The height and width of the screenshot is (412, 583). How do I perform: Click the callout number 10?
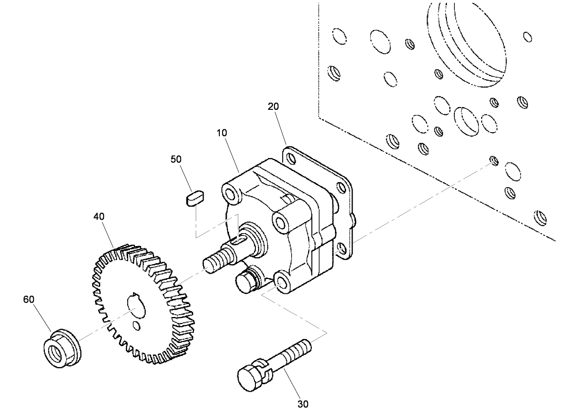click(x=222, y=133)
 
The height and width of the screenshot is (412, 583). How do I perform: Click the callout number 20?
click(x=273, y=106)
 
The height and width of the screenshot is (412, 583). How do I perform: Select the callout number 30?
click(x=303, y=404)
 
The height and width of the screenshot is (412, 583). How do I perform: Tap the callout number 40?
click(x=99, y=216)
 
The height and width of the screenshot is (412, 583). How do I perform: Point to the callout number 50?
click(x=176, y=159)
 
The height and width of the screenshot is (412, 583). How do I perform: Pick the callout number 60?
click(x=29, y=299)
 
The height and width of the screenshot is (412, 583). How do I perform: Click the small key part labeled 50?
click(x=195, y=199)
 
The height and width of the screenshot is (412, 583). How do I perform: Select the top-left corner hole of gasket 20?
click(x=291, y=158)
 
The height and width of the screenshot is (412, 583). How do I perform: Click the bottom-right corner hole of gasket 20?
click(x=342, y=248)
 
